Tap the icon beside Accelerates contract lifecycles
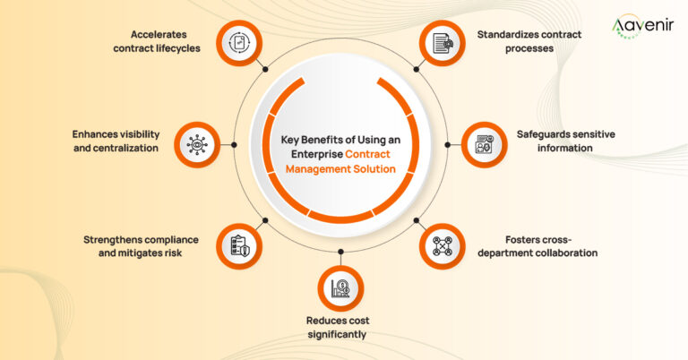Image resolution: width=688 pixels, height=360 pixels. (x=239, y=42)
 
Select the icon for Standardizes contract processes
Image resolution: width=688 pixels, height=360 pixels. (x=443, y=42)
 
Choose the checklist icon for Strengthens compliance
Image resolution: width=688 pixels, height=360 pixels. (x=239, y=244)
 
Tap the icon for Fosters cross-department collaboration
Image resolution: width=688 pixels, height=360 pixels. (x=443, y=244)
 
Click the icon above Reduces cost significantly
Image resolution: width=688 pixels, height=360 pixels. (x=340, y=288)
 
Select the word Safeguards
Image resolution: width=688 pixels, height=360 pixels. (x=543, y=134)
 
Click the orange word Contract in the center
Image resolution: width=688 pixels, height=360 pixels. (x=370, y=154)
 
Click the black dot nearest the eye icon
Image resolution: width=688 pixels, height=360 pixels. (x=234, y=143)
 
